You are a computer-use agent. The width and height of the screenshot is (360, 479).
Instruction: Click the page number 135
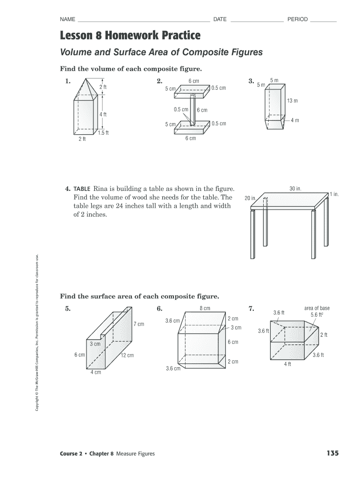click(332, 453)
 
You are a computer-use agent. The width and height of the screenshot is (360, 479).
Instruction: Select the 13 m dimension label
click(292, 101)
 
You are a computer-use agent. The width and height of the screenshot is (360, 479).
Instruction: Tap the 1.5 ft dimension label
click(103, 133)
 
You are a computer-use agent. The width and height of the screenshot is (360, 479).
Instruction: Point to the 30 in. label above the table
click(295, 189)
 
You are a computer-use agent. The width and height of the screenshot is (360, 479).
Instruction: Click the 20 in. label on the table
click(250, 198)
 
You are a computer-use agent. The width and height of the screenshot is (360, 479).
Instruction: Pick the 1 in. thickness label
click(334, 194)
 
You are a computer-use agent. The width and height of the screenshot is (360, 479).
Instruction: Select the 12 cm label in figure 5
click(127, 355)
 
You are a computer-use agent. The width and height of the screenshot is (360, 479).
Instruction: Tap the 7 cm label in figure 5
click(139, 324)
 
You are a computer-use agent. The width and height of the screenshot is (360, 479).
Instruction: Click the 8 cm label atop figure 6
click(205, 308)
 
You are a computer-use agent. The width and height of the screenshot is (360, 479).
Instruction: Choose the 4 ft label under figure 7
click(288, 364)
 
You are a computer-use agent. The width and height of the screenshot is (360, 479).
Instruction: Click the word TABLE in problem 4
click(82, 189)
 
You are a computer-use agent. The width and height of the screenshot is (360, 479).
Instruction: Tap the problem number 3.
click(251, 81)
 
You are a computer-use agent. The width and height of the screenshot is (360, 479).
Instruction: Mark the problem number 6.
click(159, 309)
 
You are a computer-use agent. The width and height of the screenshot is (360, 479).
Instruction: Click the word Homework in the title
click(131, 35)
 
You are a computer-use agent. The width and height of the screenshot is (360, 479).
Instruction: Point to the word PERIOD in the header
click(297, 20)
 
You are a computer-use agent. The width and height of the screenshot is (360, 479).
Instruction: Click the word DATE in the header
click(220, 20)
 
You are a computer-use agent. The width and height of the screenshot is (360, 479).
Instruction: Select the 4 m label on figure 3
click(295, 120)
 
